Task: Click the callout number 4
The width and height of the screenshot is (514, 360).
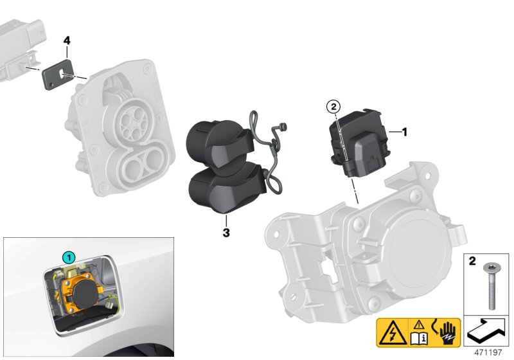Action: click(67, 41)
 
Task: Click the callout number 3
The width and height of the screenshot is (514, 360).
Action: click(226, 233)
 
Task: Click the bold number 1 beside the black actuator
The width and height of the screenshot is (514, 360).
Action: click(405, 132)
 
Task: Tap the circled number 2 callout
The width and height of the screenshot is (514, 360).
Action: click(333, 107)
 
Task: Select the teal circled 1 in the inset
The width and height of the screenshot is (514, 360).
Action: click(69, 257)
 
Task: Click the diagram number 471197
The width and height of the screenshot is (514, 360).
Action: click(488, 352)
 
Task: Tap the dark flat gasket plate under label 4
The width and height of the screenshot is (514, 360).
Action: click(58, 74)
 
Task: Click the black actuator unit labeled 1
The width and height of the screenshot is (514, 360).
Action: click(359, 143)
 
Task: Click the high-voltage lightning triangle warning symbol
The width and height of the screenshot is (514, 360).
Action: click(393, 333)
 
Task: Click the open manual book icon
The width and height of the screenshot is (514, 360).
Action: click(419, 338)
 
